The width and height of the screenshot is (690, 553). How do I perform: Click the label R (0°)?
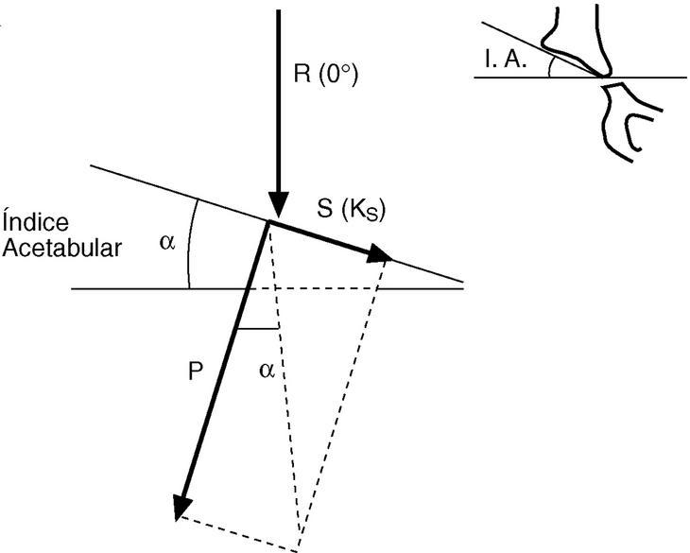(x=324, y=75)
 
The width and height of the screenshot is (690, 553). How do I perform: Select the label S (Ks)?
(x=351, y=210)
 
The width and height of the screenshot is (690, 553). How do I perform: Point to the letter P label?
(x=195, y=372)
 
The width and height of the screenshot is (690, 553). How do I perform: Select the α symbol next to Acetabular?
(x=166, y=243)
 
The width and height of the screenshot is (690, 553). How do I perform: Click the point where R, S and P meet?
(x=269, y=222)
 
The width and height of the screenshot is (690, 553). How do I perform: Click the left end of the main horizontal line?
(x=75, y=288)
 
